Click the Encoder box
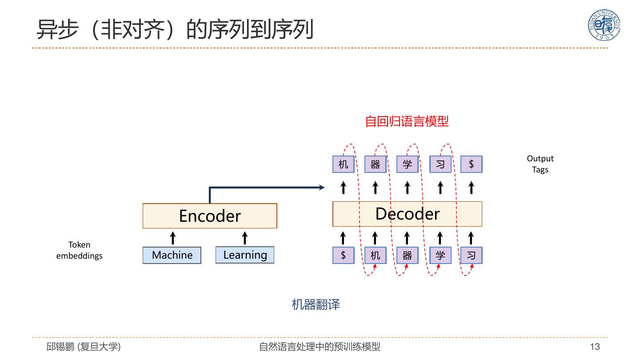coord(210,216)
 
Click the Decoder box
coord(407,214)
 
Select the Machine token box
coord(172,255)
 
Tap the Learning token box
coord(245,255)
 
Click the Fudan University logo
coord(604,25)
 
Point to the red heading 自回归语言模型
coord(407,121)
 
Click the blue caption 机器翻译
coord(316,304)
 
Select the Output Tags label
coord(540,164)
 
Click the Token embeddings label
coord(79,250)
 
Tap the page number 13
coord(595,347)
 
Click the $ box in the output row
coord(471,164)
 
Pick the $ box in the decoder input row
coord(343,255)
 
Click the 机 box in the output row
coord(343,164)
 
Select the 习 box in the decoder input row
coord(471,255)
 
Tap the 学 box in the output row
coord(407,164)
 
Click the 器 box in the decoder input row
coord(407,255)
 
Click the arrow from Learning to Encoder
coord(244,238)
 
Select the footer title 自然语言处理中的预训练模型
coord(320,347)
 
